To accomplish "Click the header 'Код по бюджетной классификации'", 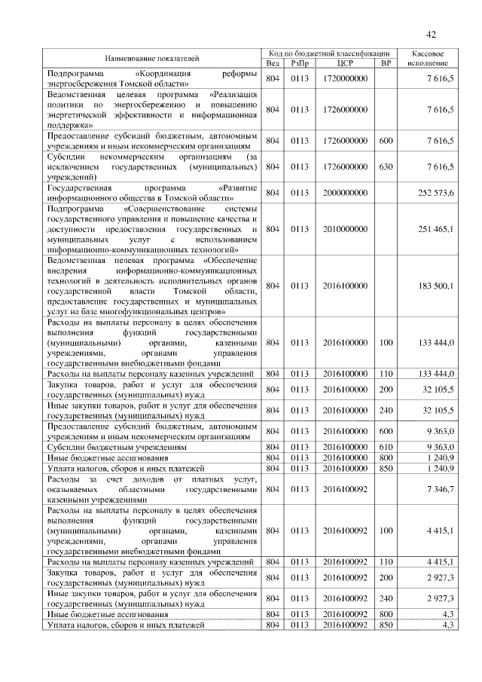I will click(x=328, y=54).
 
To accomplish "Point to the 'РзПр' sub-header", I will click(x=299, y=63).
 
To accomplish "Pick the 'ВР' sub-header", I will click(x=386, y=63).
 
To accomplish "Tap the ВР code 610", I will click(x=386, y=447).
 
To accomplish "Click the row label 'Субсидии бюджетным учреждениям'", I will click(x=117, y=447).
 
